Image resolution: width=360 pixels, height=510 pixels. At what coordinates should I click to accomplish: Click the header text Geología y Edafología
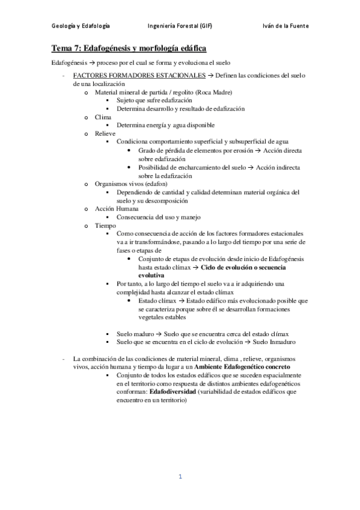[x=80, y=26]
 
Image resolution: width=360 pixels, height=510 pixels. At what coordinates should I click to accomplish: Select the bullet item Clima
[x=103, y=117]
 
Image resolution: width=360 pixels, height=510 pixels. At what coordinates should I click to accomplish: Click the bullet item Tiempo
[x=106, y=225]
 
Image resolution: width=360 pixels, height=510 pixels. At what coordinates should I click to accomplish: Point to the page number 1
[x=180, y=477]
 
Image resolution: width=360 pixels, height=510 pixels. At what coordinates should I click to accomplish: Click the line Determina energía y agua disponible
[x=165, y=125]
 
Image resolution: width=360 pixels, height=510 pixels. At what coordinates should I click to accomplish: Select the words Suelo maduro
[x=135, y=333]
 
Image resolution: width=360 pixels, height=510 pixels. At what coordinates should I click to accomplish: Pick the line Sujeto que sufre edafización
[x=154, y=100]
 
